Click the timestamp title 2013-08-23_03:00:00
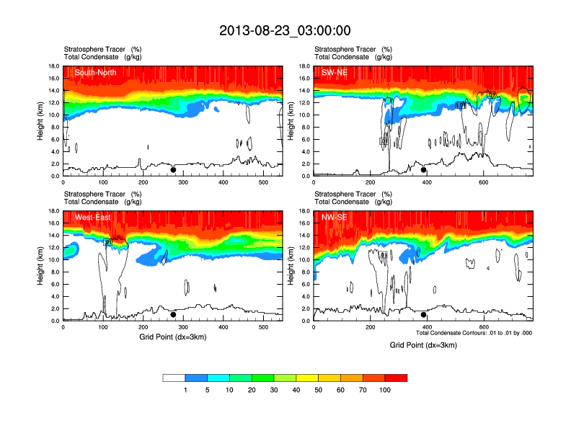(x=285, y=30)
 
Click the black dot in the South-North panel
(x=173, y=170)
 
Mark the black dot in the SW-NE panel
(x=424, y=170)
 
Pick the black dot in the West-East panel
(x=173, y=315)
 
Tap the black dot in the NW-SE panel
(x=424, y=315)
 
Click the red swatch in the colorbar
(x=396, y=378)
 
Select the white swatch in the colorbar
(x=174, y=378)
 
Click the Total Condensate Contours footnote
(x=474, y=333)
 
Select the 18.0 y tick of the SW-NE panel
(x=304, y=66)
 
